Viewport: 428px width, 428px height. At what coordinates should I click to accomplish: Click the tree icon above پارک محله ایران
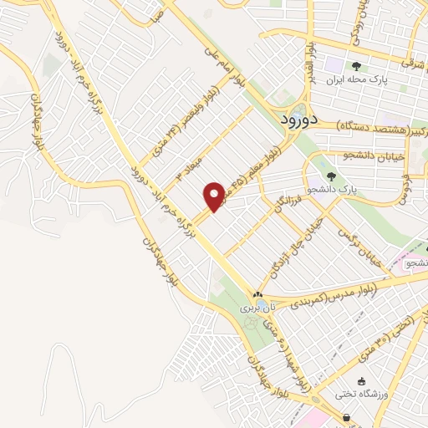point(357,65)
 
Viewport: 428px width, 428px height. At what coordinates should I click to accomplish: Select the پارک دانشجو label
point(333,189)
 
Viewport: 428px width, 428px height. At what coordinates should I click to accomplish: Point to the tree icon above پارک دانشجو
point(332,176)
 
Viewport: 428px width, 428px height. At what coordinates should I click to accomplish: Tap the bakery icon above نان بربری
point(258,295)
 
